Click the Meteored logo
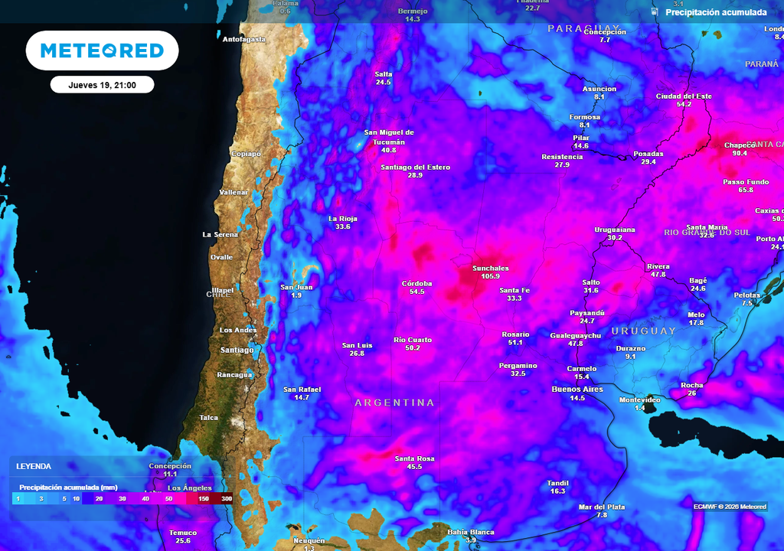(x=102, y=51)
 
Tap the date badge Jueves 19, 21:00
(x=102, y=85)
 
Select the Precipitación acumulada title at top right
(x=716, y=12)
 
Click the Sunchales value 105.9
(x=491, y=276)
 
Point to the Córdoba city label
(x=417, y=283)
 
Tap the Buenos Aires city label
(x=577, y=390)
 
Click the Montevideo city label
(x=639, y=400)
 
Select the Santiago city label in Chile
(x=237, y=350)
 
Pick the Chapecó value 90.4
(x=740, y=153)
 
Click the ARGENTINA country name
(x=394, y=403)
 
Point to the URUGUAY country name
(x=644, y=331)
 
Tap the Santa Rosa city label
(x=414, y=458)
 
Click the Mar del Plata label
(x=602, y=507)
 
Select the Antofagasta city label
(x=244, y=39)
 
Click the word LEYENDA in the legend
(x=34, y=466)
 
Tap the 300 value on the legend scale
(x=227, y=499)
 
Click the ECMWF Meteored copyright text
(x=730, y=507)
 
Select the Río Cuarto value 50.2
(x=413, y=348)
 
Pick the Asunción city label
(x=599, y=89)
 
